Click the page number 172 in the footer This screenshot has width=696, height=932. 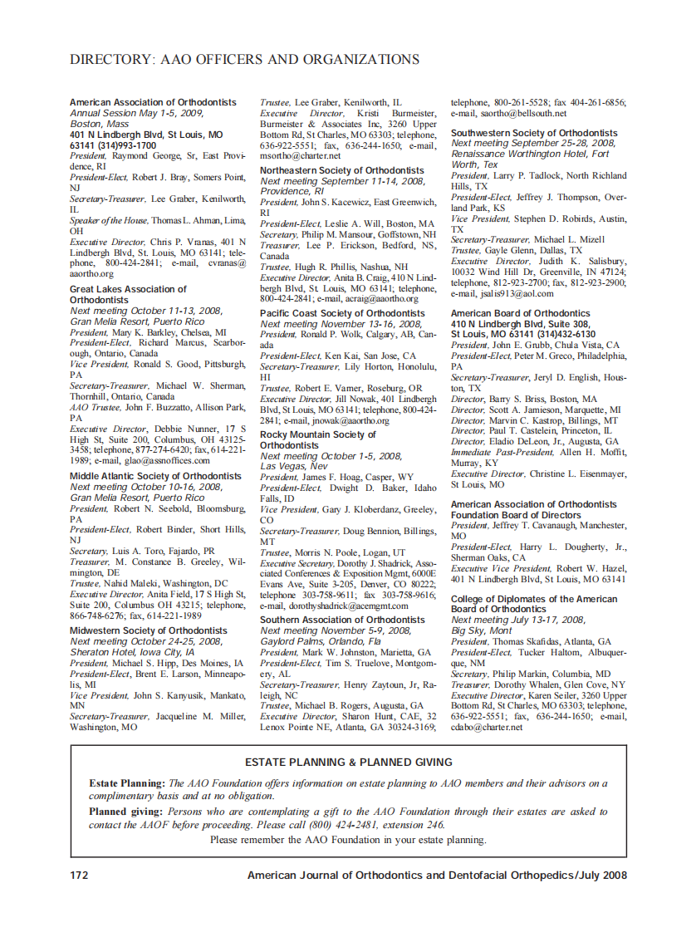(x=79, y=875)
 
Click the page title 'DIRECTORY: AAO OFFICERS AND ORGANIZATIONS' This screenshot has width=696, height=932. (x=244, y=60)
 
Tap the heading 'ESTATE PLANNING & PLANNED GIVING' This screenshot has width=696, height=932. (x=349, y=762)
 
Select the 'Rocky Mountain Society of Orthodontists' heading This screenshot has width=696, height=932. (x=318, y=439)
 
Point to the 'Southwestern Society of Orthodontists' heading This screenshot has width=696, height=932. (x=534, y=133)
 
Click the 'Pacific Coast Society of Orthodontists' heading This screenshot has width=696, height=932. (x=341, y=314)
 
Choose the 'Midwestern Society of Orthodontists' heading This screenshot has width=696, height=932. (x=148, y=630)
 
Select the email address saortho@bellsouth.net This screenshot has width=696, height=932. (x=508, y=113)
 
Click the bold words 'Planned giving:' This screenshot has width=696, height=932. (x=126, y=811)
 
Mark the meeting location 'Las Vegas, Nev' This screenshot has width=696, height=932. (x=295, y=467)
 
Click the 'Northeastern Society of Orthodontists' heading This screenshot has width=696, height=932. (x=341, y=170)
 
